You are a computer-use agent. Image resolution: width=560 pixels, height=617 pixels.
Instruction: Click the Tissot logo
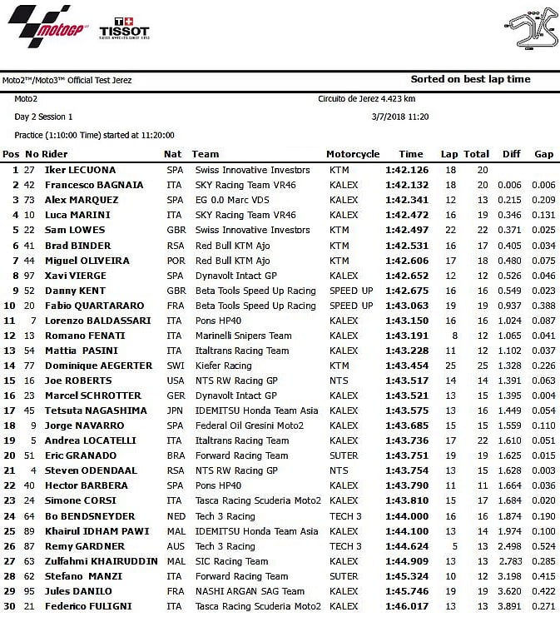[124, 29]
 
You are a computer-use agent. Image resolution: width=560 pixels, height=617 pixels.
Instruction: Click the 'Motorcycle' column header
[353, 154]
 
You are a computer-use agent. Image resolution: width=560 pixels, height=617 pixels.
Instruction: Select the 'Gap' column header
[544, 154]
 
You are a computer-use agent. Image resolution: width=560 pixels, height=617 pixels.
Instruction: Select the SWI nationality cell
[175, 366]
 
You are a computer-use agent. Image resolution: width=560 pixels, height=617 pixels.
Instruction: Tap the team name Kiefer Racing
[223, 366]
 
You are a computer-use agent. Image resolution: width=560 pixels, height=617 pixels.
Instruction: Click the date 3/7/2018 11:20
[400, 117]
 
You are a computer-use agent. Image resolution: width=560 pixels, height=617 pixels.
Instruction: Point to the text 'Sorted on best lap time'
[470, 80]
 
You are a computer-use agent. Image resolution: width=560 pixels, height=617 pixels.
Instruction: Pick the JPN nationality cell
[175, 411]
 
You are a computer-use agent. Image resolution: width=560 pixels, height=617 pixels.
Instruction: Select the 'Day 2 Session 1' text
[43, 117]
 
